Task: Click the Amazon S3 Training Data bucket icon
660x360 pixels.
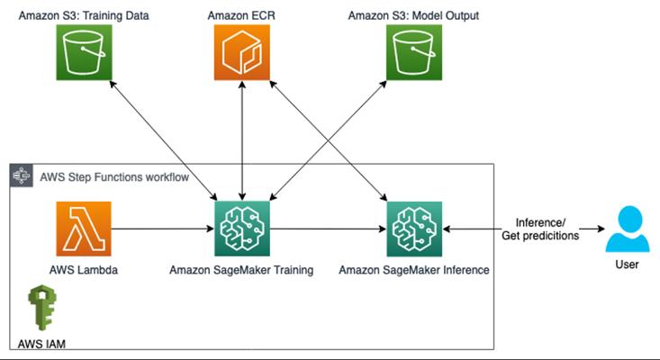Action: (x=84, y=52)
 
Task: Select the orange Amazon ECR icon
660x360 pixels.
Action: (x=242, y=52)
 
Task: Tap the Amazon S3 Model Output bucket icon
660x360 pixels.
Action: (x=414, y=52)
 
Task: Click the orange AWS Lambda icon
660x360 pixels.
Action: (x=84, y=229)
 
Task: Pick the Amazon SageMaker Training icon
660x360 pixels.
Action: (x=242, y=229)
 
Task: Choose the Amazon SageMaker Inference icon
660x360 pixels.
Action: (x=414, y=229)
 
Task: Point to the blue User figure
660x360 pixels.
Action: (x=628, y=229)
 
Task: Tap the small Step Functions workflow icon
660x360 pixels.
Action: (x=22, y=175)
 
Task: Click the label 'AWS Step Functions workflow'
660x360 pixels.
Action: (x=114, y=177)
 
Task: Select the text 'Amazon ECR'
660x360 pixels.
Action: (x=241, y=15)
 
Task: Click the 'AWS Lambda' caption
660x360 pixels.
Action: (x=84, y=270)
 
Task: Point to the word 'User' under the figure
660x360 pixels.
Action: (x=628, y=265)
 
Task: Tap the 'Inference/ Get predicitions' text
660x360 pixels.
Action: (x=540, y=229)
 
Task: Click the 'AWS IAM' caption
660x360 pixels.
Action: (x=41, y=344)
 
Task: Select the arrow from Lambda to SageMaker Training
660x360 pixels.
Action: (x=163, y=229)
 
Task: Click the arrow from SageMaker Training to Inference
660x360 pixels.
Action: (x=329, y=229)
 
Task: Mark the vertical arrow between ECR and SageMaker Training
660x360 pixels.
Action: (x=242, y=140)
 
